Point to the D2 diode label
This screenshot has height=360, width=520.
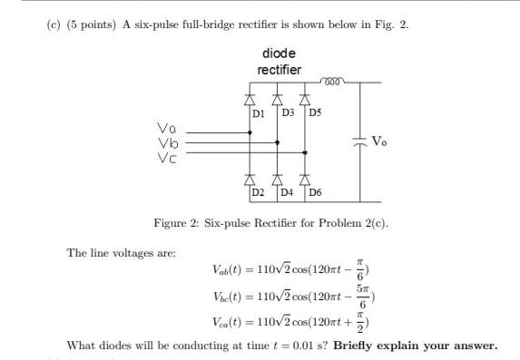(259, 194)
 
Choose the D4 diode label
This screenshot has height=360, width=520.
(287, 194)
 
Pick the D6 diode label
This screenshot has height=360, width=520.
(315, 194)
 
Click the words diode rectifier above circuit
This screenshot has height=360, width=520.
(280, 62)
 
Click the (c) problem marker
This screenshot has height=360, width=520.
(54, 24)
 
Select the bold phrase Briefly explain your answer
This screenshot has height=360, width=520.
(416, 346)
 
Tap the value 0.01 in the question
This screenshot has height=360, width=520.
(301, 346)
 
